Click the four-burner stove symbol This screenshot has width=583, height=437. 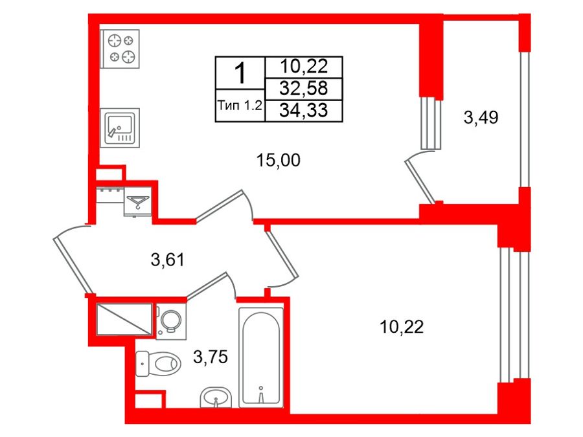(120, 49)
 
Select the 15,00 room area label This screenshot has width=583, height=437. (279, 161)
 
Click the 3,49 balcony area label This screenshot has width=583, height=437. (481, 117)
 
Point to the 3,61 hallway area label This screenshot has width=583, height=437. (168, 260)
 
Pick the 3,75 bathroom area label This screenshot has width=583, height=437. (211, 357)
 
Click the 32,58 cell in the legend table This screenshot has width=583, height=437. (303, 89)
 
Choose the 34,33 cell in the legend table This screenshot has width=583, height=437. (303, 110)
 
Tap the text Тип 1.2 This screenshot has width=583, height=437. (240, 106)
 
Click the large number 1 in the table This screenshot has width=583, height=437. (241, 73)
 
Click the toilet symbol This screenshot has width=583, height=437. (158, 363)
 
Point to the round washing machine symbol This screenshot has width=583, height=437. (171, 321)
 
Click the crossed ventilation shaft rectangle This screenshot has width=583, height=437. (124, 319)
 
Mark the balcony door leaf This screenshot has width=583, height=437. (419, 182)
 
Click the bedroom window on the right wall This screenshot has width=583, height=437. (515, 315)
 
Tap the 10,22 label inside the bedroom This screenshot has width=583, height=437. (402, 327)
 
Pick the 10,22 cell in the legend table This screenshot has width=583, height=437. (303, 67)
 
